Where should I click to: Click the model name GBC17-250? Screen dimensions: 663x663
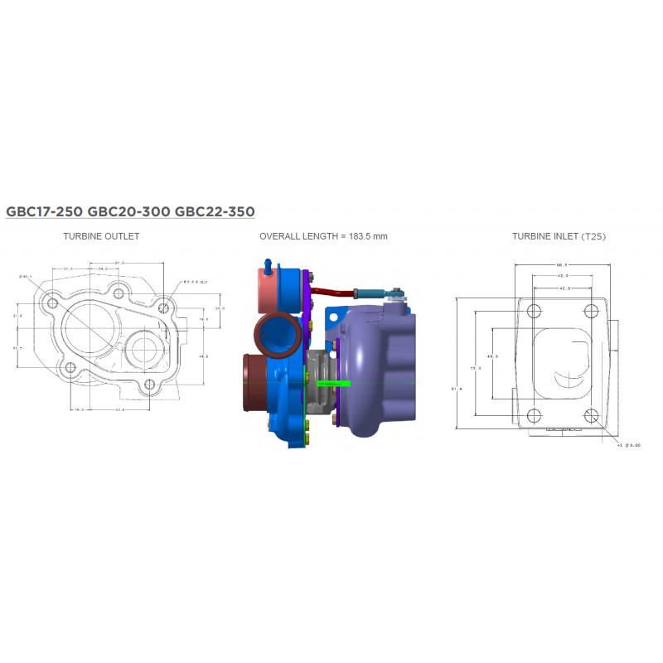(x=43, y=211)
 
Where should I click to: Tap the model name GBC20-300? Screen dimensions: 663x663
(x=128, y=211)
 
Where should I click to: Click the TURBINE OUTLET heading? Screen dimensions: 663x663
(x=101, y=236)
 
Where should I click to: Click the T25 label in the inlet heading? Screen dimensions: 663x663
(x=593, y=236)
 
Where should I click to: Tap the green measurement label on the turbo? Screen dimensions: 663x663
(x=333, y=384)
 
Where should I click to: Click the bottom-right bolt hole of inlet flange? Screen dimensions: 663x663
(x=591, y=416)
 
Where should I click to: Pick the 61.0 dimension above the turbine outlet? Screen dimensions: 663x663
(x=120, y=264)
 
